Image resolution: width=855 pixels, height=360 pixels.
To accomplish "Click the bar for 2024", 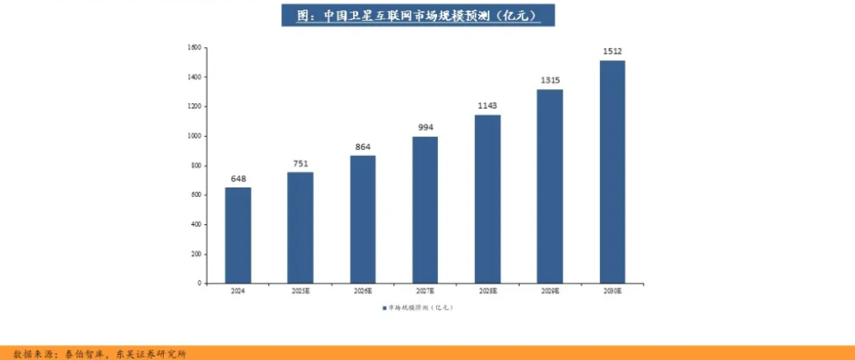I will click(237, 235).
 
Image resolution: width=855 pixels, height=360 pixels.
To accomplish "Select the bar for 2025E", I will click(300, 227).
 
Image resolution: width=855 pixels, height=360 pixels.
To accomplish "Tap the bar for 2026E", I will click(363, 219).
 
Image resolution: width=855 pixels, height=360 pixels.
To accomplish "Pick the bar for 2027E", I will click(425, 209).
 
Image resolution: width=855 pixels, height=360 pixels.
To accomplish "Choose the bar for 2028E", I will click(488, 199).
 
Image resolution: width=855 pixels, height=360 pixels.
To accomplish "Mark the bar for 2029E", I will click(550, 186).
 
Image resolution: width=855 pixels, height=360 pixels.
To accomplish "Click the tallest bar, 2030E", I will click(612, 172).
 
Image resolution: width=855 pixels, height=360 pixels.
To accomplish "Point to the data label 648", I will click(238, 179).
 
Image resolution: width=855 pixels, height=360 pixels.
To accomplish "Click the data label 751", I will click(300, 164).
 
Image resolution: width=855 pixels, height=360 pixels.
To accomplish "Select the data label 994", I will click(426, 128).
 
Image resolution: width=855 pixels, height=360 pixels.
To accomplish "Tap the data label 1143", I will click(488, 106).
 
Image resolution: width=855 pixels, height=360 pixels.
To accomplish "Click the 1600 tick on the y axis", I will click(194, 47).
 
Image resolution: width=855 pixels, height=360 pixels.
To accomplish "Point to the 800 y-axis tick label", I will click(196, 166).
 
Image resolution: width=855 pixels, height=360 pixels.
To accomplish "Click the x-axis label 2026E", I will click(363, 291).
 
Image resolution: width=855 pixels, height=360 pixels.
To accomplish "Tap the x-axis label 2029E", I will click(550, 291).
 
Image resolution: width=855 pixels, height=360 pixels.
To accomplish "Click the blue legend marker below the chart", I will click(384, 307).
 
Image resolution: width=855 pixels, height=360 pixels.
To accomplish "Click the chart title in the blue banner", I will click(418, 16).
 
